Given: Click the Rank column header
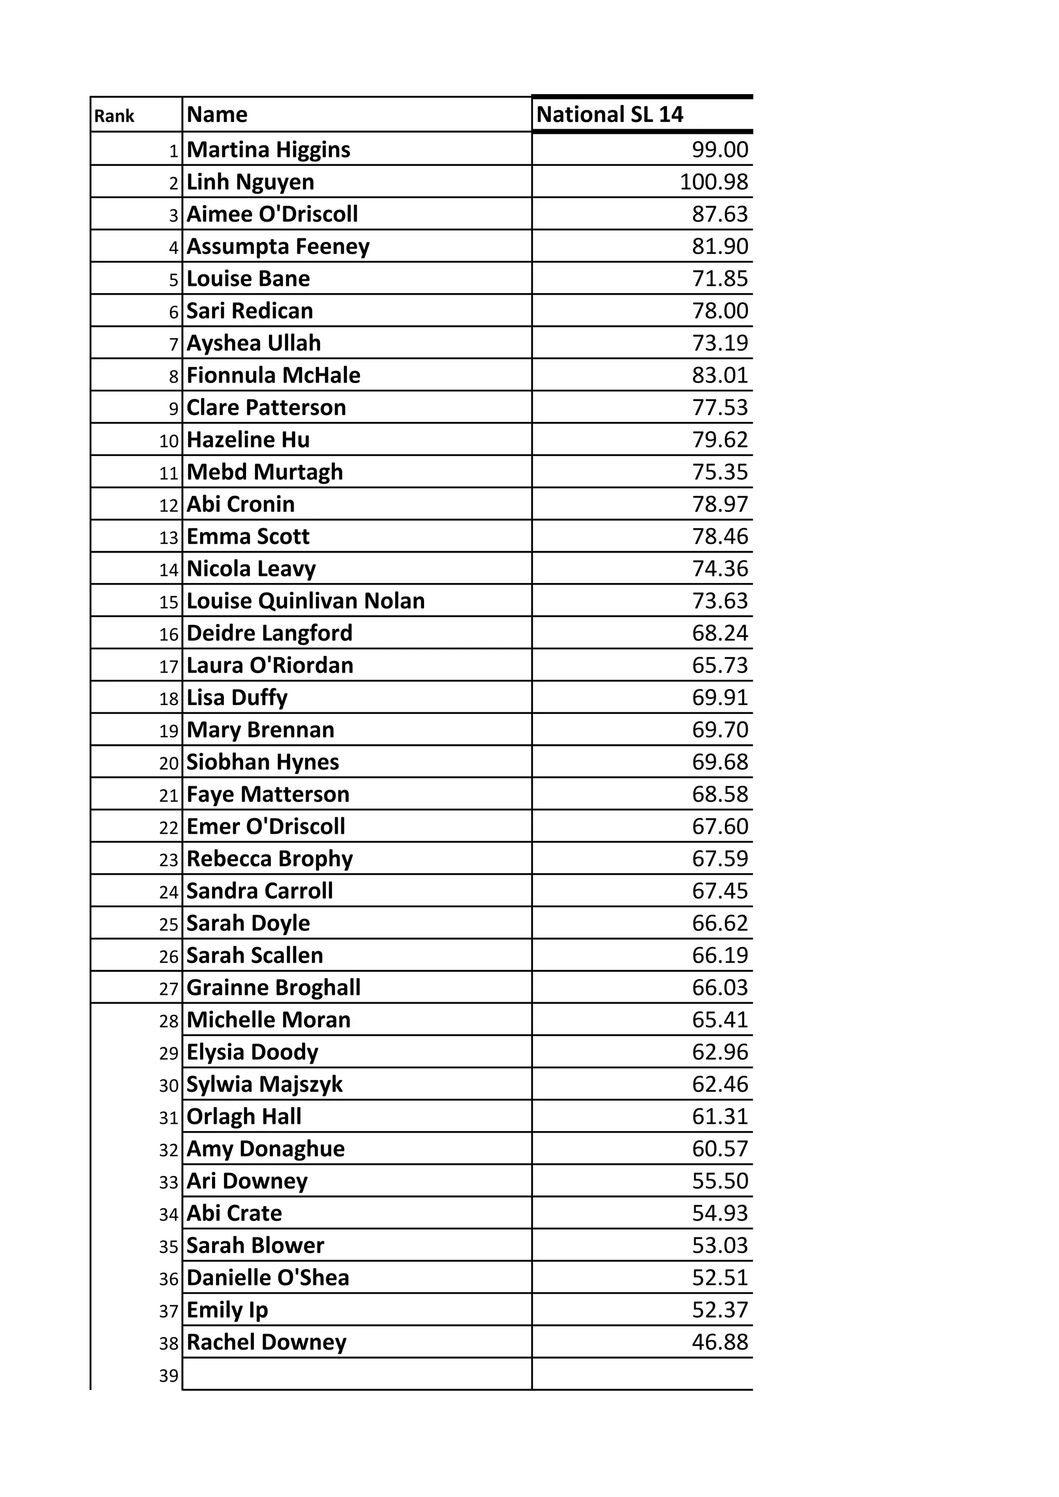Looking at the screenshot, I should [114, 116].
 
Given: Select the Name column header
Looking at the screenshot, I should [217, 115].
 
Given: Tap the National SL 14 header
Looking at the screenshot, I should [609, 115].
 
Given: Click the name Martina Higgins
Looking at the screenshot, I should [269, 149].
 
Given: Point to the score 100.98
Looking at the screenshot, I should [714, 182].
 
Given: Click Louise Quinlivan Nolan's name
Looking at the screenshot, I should [305, 601].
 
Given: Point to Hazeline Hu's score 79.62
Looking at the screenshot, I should [720, 439].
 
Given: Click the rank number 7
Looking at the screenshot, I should [173, 344].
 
